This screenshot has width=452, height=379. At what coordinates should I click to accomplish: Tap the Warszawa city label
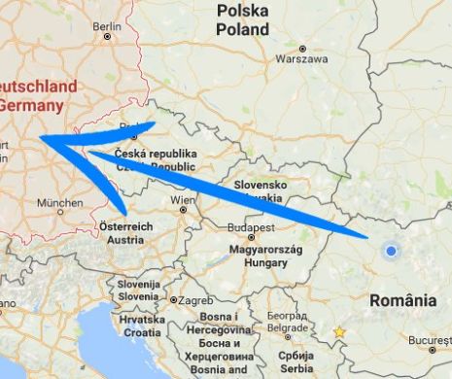(x=300, y=59)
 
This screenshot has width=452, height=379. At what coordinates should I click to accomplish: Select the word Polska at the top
(x=242, y=11)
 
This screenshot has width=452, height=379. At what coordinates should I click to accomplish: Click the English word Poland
(x=243, y=29)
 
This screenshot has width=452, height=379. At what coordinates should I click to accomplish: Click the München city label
(x=59, y=204)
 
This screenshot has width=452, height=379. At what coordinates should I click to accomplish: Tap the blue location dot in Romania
(x=391, y=251)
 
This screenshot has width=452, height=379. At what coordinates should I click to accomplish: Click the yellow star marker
(x=339, y=332)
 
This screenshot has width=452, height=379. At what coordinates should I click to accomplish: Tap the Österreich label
(x=128, y=226)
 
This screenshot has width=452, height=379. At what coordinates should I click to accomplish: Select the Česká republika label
(x=156, y=155)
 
